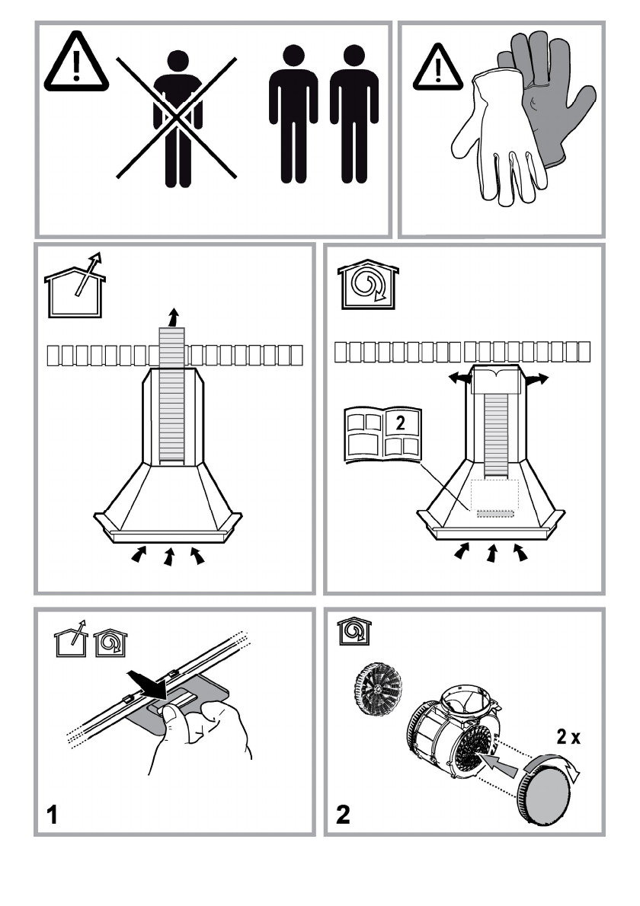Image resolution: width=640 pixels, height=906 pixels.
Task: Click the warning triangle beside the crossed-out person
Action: (x=75, y=62)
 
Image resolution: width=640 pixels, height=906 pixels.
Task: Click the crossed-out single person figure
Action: (x=178, y=119)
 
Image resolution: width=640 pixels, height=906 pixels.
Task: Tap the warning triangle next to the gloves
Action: (x=437, y=69)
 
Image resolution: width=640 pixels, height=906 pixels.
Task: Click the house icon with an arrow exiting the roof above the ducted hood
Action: (x=75, y=286)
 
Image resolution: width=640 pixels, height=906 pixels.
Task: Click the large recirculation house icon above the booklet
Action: (x=368, y=284)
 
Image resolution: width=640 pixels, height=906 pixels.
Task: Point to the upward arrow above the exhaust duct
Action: (x=172, y=317)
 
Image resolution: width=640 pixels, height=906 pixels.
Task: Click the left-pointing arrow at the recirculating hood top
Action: (x=460, y=378)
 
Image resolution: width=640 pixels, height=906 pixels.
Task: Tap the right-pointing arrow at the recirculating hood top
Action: (x=536, y=379)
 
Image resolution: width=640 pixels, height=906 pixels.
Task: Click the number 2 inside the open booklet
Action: (x=400, y=423)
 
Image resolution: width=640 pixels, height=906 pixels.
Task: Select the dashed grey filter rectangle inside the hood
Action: (x=495, y=513)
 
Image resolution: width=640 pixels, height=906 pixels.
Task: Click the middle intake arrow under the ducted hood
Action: (x=169, y=557)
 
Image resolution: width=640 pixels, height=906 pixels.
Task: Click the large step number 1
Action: (x=52, y=815)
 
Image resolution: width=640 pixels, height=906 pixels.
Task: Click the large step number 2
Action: (x=343, y=815)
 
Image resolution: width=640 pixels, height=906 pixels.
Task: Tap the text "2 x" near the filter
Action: (x=568, y=737)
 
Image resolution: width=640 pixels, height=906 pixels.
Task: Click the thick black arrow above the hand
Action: (x=148, y=684)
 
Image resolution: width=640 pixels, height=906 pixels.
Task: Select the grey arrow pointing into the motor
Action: (x=499, y=765)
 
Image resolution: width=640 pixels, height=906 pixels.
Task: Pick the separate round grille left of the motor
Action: (x=378, y=689)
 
